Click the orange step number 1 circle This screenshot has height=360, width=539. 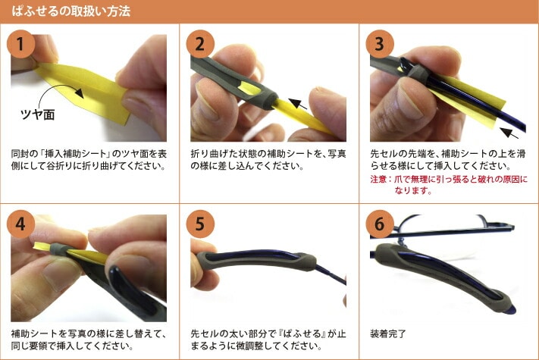tap(20, 44)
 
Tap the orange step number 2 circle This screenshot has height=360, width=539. tap(200, 44)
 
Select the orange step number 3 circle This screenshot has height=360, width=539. tap(380, 44)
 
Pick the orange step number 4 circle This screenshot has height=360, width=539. tap(20, 224)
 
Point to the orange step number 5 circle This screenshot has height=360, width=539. tap(200, 224)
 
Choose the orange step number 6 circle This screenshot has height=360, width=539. tap(380, 224)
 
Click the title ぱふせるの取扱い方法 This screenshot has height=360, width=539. tap(71, 11)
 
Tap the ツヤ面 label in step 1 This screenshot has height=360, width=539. tap(38, 114)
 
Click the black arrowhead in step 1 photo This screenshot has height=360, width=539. tap(80, 93)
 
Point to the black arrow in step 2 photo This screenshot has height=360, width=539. tap(298, 104)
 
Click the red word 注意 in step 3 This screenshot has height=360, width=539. tap(378, 179)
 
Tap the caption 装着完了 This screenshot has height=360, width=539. tap(388, 333)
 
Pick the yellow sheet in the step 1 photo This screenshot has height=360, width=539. tap(83, 90)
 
